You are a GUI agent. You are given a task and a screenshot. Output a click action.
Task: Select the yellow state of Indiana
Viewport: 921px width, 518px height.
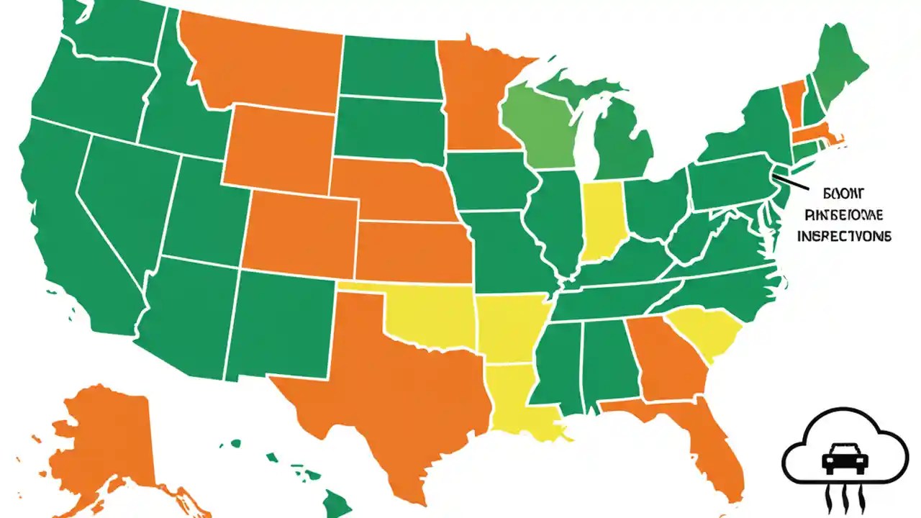point(603,219)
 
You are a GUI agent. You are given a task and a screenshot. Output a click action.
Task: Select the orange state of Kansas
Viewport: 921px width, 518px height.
point(414,252)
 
